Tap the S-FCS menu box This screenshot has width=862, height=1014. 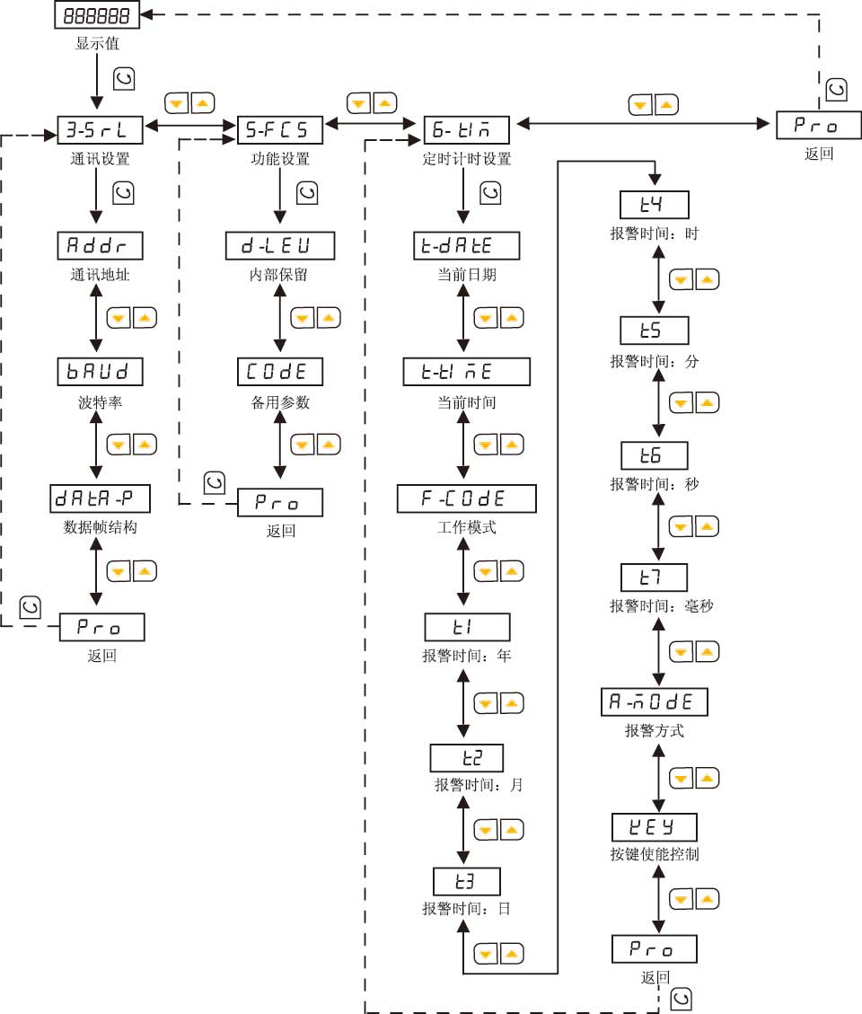pyautogui.click(x=279, y=131)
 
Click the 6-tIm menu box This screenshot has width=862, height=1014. pyautogui.click(x=466, y=131)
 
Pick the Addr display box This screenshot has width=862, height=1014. pyautogui.click(x=101, y=246)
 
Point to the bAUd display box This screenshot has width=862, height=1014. pyautogui.click(x=101, y=372)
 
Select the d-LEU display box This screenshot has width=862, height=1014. pyautogui.click(x=279, y=246)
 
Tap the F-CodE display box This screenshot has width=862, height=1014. pyautogui.click(x=466, y=498)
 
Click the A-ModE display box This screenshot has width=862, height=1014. pyautogui.click(x=654, y=701)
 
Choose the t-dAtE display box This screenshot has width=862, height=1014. pyautogui.click(x=466, y=246)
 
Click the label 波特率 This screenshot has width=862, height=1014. pyautogui.click(x=101, y=402)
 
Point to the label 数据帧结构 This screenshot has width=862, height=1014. pyautogui.click(x=101, y=528)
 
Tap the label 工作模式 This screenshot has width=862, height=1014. pyautogui.click(x=461, y=528)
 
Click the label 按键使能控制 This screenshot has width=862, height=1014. pyautogui.click(x=654, y=854)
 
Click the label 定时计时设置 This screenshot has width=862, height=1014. pyautogui.click(x=466, y=160)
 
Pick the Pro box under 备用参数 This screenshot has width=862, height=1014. pyautogui.click(x=279, y=503)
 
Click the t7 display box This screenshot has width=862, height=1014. pyautogui.click(x=654, y=577)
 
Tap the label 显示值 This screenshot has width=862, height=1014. pyautogui.click(x=96, y=43)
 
